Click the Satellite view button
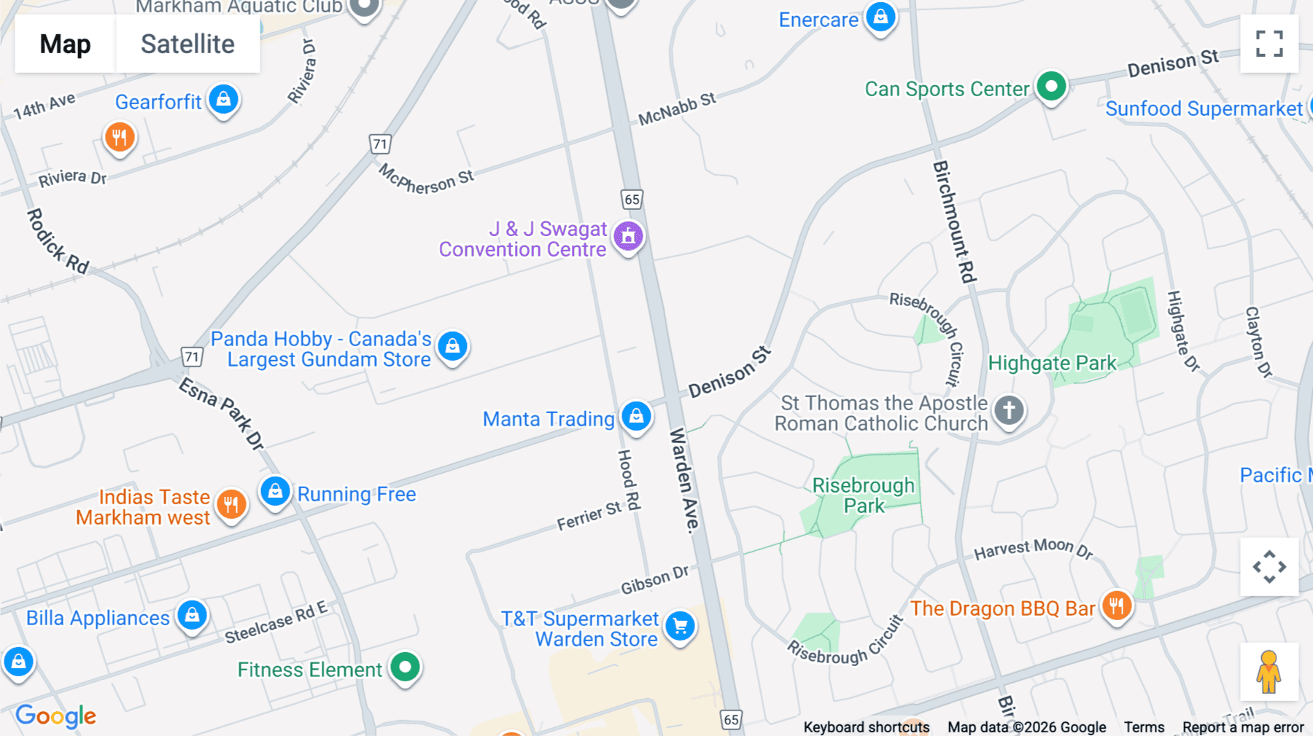coord(187,44)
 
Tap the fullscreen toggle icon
coord(1269,44)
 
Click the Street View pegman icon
coord(1269,672)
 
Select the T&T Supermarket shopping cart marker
coord(680,626)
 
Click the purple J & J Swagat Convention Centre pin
coord(628,236)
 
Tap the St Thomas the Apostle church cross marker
coord(1009,410)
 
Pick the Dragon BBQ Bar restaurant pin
coord(1116,606)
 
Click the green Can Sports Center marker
coord(1051,87)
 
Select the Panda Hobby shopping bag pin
coord(452,346)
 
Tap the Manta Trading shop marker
coord(636,416)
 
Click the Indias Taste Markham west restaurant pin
coord(231,504)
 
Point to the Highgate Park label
coord(1052,363)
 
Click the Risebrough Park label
coord(864,496)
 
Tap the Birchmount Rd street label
coord(954,222)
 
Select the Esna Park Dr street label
coord(222,412)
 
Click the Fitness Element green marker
coord(405,667)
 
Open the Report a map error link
coord(1243,727)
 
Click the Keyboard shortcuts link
coord(866,727)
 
